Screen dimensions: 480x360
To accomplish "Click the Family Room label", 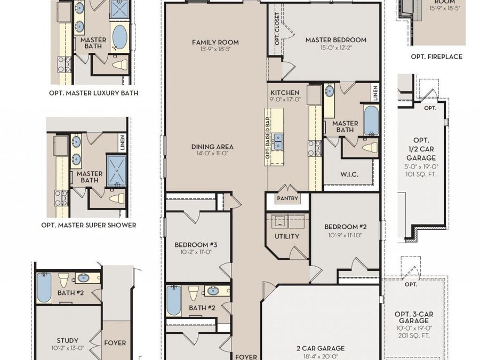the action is tap(215, 42).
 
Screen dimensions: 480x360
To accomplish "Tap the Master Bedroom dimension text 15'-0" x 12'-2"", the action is tap(336, 48).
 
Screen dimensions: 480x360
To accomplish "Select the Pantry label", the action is tap(287, 198).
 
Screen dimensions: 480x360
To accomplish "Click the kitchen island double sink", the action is tap(278, 141).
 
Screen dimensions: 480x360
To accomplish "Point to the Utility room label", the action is tap(287, 236).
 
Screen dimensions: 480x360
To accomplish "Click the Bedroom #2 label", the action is tap(345, 227).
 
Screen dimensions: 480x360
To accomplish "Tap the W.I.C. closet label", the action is tap(349, 174).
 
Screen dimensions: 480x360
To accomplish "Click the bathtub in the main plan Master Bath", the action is tap(371, 121).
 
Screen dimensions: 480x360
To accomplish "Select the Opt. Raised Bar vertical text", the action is tap(268, 138).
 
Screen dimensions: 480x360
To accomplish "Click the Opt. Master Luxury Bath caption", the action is tap(94, 93).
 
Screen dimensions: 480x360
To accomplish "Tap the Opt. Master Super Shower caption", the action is tap(89, 225).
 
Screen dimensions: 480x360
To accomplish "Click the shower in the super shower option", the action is tap(117, 171).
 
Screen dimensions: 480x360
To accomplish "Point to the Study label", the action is tap(67, 340).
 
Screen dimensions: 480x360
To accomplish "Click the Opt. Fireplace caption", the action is tap(436, 57).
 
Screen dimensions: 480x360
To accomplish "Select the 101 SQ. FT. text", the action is tap(421, 174).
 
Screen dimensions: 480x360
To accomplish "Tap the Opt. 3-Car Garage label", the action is tap(414, 317).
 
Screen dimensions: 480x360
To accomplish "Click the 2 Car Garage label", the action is tap(321, 348).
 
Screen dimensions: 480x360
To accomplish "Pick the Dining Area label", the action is tap(212, 147).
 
